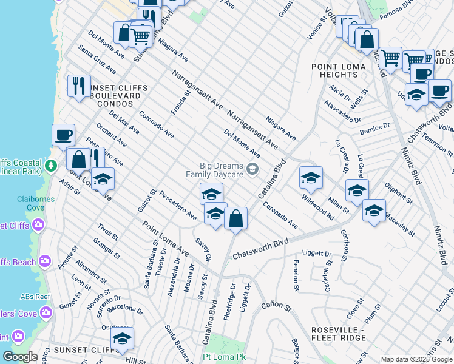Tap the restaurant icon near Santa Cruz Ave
tap(79, 86)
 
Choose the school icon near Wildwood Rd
tap(311, 178)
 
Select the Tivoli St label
tap(108, 235)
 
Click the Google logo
tap(20, 357)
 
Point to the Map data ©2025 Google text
tap(416, 359)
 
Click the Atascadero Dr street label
tap(342, 111)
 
